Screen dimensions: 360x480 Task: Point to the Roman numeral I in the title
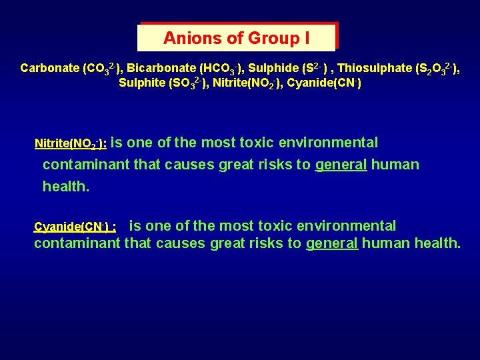tap(307, 38)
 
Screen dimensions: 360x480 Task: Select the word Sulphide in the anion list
tap(271, 68)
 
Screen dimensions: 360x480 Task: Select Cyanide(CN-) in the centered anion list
tap(324, 84)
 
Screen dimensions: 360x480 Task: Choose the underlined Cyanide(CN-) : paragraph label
tap(75, 227)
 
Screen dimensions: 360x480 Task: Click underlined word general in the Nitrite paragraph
tap(341, 165)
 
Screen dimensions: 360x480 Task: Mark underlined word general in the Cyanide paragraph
tap(332, 243)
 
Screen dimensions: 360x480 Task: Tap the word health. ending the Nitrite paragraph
tap(66, 187)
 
